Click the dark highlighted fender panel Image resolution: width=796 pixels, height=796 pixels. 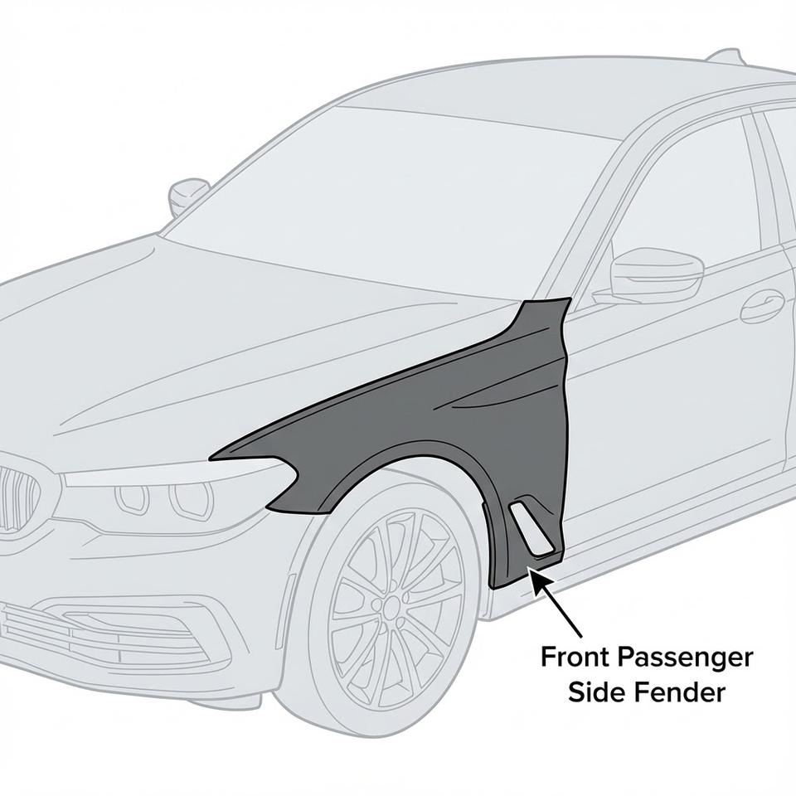click(x=464, y=415)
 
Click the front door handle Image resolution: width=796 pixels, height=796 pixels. click(x=762, y=307)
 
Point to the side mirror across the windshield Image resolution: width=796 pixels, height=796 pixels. click(x=188, y=194)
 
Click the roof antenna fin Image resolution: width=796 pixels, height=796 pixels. click(x=728, y=56)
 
